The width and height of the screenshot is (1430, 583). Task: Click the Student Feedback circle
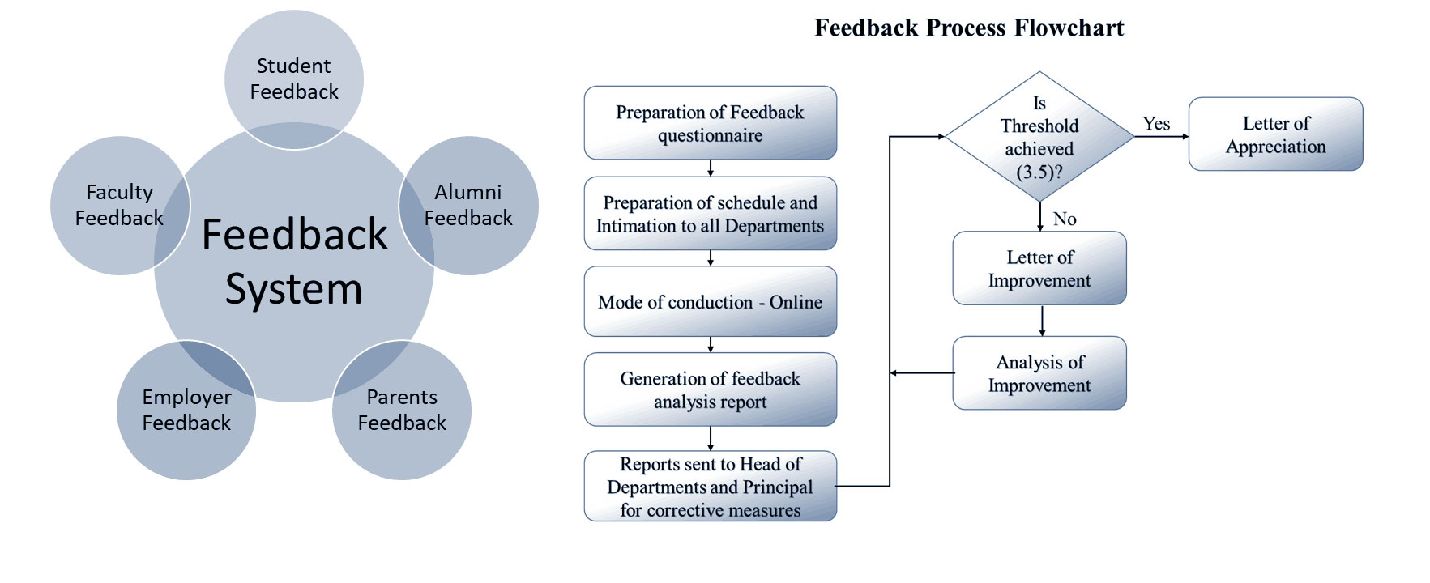pyautogui.click(x=293, y=78)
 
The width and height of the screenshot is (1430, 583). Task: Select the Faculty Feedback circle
pyautogui.click(x=118, y=205)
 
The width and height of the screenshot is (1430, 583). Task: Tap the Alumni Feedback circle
pyautogui.click(x=469, y=205)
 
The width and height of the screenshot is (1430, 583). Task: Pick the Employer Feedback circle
pyautogui.click(x=186, y=410)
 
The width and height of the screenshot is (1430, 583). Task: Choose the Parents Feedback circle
pyautogui.click(x=402, y=410)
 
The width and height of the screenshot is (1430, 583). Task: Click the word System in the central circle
pyautogui.click(x=293, y=289)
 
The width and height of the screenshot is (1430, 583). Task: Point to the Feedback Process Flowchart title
pyautogui.click(x=969, y=28)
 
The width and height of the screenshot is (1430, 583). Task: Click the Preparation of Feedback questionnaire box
pyautogui.click(x=710, y=123)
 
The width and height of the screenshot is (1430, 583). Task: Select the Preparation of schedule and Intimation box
pyautogui.click(x=710, y=214)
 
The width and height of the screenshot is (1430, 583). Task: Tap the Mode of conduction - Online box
pyautogui.click(x=710, y=302)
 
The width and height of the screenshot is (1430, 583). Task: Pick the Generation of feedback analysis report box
pyautogui.click(x=710, y=389)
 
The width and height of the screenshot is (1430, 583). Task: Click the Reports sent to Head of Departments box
pyautogui.click(x=710, y=487)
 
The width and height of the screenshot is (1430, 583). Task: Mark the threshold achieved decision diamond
pyautogui.click(x=1039, y=136)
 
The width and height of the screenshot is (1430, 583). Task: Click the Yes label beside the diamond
pyautogui.click(x=1156, y=124)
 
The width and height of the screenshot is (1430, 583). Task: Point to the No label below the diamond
pyautogui.click(x=1065, y=219)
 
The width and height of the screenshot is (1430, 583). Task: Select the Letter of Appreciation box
pyautogui.click(x=1275, y=134)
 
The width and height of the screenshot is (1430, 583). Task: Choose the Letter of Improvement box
pyautogui.click(x=1039, y=269)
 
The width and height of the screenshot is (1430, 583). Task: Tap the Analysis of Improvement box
pyautogui.click(x=1039, y=373)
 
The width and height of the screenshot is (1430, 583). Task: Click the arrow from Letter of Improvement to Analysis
pyautogui.click(x=1042, y=321)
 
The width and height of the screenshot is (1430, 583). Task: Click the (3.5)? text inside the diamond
pyautogui.click(x=1039, y=172)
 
